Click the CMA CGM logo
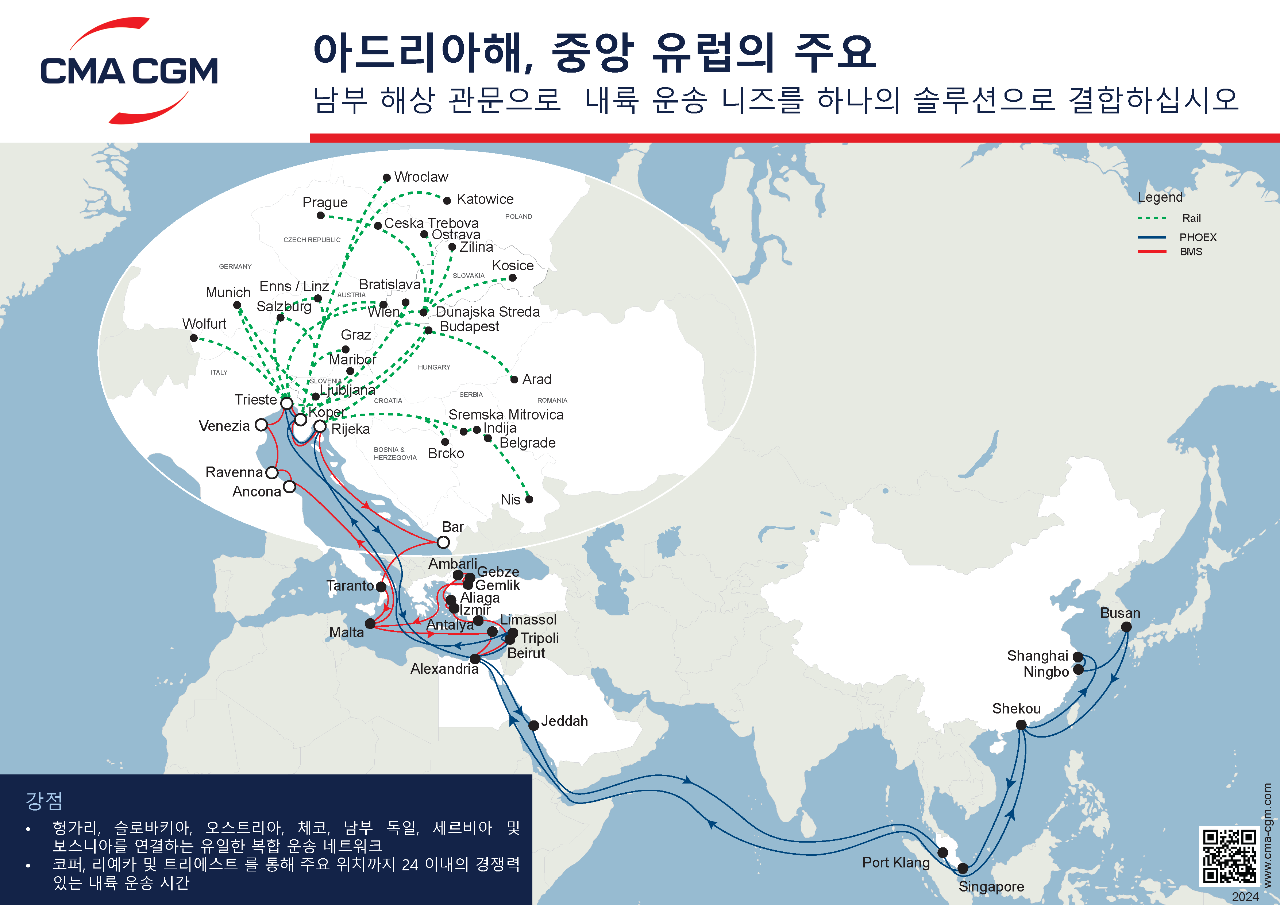coord(129,71)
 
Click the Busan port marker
coord(1126,627)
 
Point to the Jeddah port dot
coord(533,725)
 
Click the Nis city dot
coord(529,499)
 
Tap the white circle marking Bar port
coord(443,542)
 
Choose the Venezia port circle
coord(261,425)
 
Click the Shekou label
coord(1016,708)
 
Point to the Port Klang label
coord(895,863)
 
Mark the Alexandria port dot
coord(475,659)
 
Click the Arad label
coord(536,379)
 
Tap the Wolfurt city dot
coord(193,338)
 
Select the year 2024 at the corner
coord(1245,897)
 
